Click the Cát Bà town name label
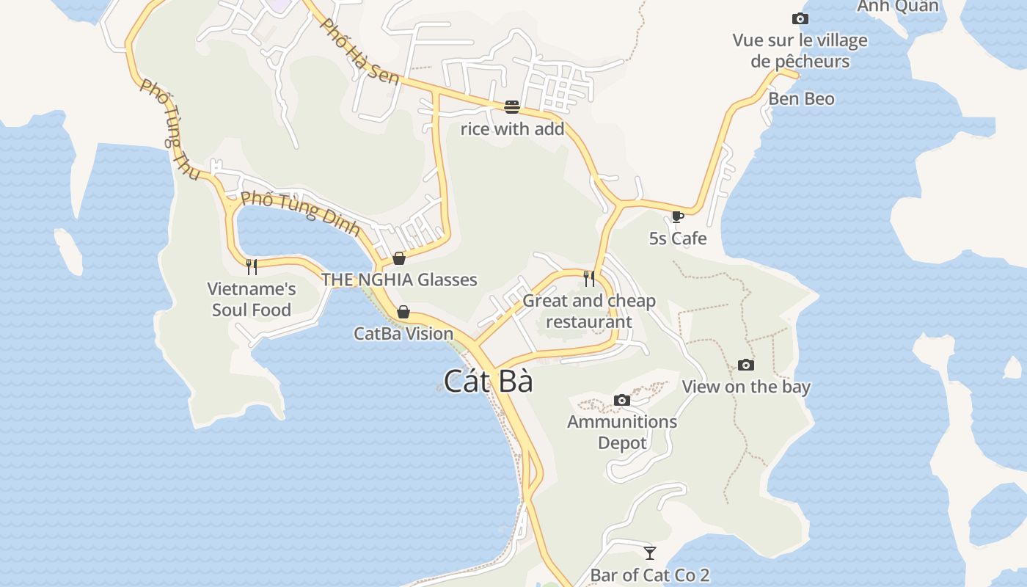click(488, 382)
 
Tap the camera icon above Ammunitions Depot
click(621, 400)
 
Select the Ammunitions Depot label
click(621, 432)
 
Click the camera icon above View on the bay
click(745, 365)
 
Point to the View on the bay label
click(745, 387)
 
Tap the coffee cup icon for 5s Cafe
click(677, 216)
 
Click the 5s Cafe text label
click(677, 238)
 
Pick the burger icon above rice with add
click(512, 107)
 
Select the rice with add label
click(512, 129)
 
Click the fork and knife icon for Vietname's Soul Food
click(252, 266)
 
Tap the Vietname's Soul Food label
click(252, 299)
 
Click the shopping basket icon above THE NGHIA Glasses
click(399, 258)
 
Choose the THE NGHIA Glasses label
click(399, 280)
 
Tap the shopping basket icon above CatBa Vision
click(403, 312)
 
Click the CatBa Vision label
click(403, 334)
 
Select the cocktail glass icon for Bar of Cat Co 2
click(649, 553)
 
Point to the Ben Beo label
click(801, 98)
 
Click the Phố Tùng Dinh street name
click(301, 212)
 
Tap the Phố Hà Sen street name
click(360, 51)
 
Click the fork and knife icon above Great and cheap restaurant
click(589, 278)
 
